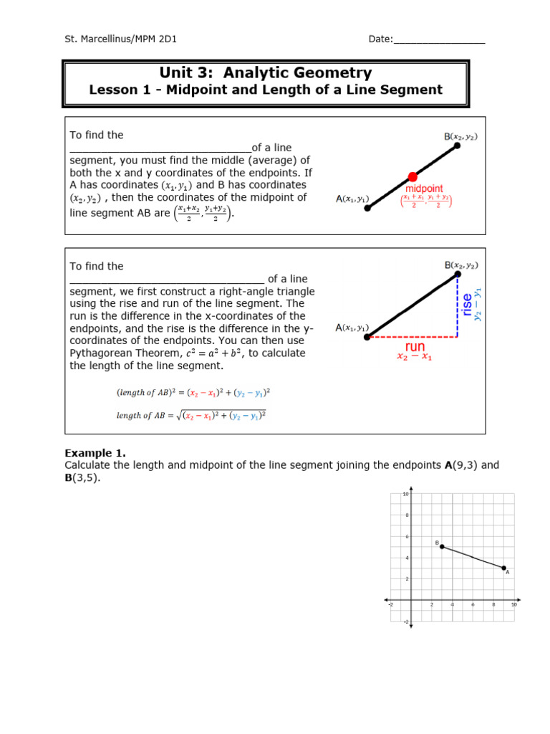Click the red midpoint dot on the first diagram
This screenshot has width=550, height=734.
[x=412, y=176]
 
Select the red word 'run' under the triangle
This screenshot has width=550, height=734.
[x=415, y=347]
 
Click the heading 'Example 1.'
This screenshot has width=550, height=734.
[x=95, y=453]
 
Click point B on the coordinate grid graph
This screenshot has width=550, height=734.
[x=442, y=546]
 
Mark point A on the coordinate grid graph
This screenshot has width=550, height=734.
[x=504, y=568]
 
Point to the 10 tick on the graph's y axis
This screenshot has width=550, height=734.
[x=405, y=495]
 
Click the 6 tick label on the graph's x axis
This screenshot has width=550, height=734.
[x=473, y=605]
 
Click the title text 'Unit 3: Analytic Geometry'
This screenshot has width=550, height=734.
[x=266, y=73]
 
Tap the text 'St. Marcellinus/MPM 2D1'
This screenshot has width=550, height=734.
[x=120, y=39]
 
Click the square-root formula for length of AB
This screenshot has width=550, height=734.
[x=191, y=416]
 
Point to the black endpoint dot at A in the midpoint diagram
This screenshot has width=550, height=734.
[x=367, y=208]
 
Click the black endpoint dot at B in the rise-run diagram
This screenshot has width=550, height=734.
[x=458, y=274]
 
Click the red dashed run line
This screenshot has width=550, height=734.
[x=412, y=336]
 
